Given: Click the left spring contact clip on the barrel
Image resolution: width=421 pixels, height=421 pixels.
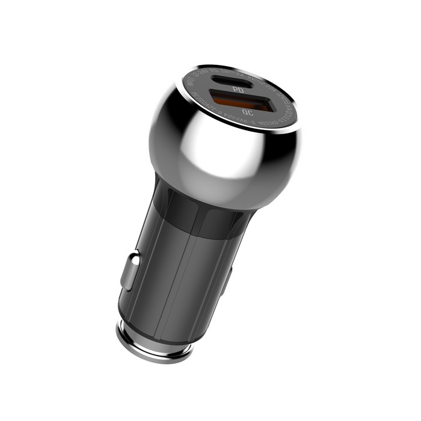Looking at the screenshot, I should coord(129,271).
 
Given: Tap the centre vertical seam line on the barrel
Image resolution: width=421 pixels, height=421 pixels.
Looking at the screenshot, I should coord(180,277).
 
